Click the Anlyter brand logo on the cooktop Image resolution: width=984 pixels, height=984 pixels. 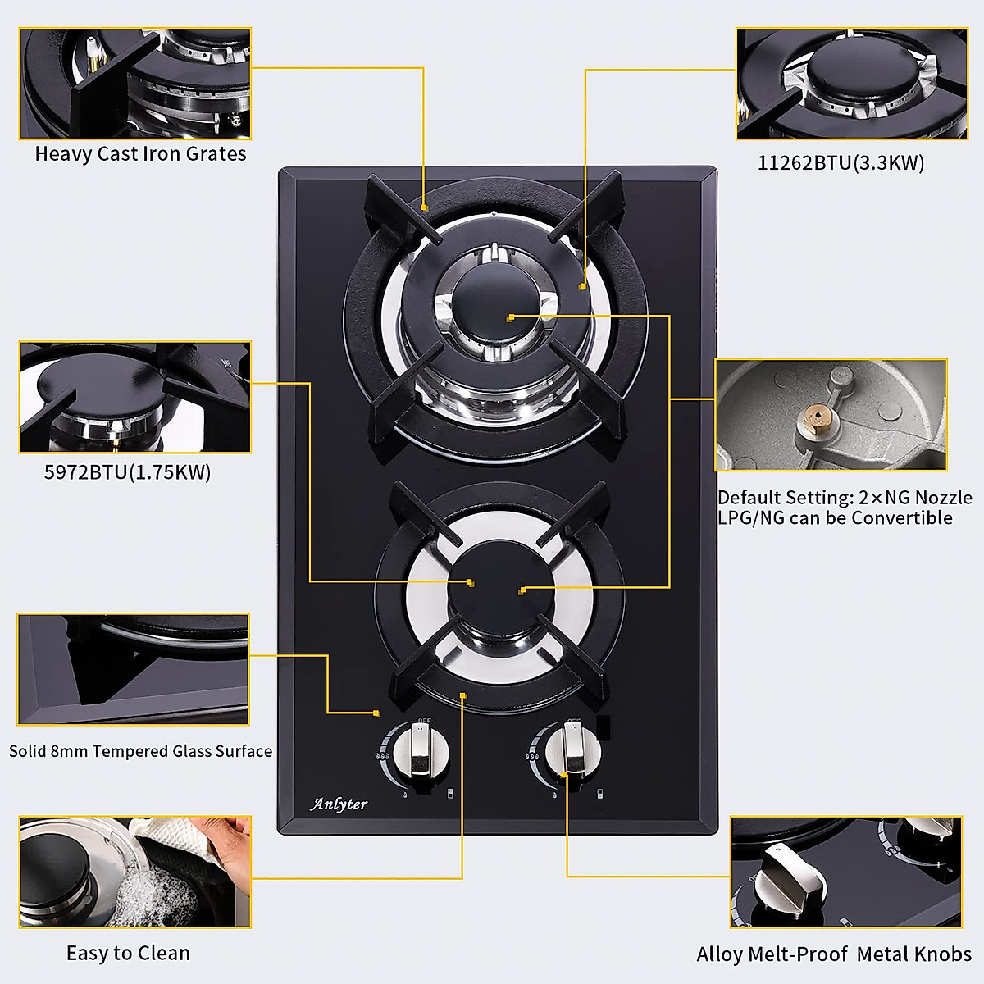coord(339,804)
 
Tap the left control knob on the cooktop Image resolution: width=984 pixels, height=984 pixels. coord(418,752)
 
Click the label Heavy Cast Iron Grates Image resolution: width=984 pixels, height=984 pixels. coord(140,154)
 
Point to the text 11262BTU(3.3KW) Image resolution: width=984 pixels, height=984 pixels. coord(840,163)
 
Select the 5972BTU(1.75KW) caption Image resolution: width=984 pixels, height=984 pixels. coord(127,472)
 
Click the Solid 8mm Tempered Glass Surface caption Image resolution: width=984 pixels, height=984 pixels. coord(140,751)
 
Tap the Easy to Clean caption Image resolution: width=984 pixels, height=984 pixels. coord(128,953)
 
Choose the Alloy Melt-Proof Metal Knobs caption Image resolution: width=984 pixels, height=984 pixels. coord(833,954)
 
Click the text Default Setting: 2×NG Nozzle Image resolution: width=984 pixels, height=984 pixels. coord(845,498)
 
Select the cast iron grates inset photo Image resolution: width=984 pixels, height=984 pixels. coord(135,84)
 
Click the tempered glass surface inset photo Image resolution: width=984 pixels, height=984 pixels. coord(133,669)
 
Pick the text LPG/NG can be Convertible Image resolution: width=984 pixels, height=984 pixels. coord(835,518)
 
